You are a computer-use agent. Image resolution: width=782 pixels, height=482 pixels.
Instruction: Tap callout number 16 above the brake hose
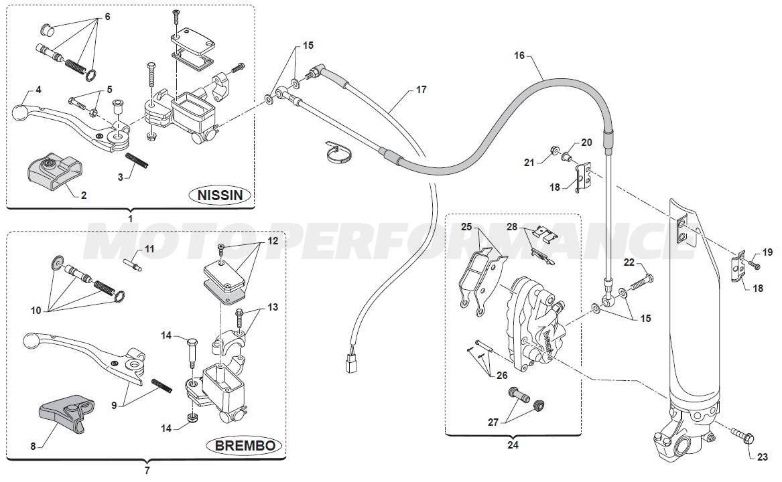519,56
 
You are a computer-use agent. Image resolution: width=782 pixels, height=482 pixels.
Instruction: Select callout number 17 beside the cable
421,89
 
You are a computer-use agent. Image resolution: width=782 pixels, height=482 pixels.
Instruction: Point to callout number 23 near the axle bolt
763,458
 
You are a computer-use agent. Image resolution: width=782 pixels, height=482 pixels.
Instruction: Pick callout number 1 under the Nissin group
131,218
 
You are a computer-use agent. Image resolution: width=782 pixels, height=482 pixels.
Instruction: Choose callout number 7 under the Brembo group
147,470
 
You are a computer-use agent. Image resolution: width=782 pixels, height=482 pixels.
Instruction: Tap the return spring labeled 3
137,161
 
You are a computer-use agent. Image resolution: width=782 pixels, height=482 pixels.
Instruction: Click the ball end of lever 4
22,106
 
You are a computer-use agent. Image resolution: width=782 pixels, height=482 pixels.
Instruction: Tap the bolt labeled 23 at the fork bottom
740,435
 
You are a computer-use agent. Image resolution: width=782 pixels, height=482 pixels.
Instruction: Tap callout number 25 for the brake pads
466,226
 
